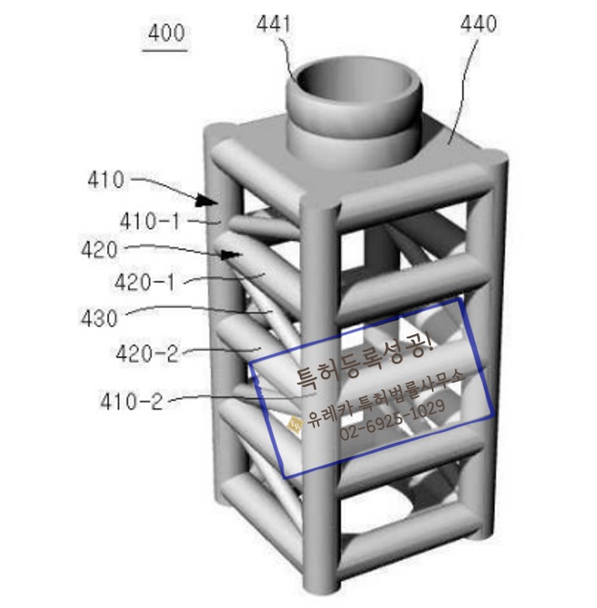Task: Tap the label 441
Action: [x=273, y=24]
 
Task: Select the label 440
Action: [x=478, y=23]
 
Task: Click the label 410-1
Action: [x=150, y=222]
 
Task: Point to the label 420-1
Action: [x=145, y=282]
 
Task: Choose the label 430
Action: [x=99, y=318]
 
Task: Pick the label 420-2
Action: [x=147, y=354]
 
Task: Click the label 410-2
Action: [x=132, y=401]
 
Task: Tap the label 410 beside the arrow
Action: [x=105, y=180]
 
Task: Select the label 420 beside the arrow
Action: [x=99, y=250]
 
